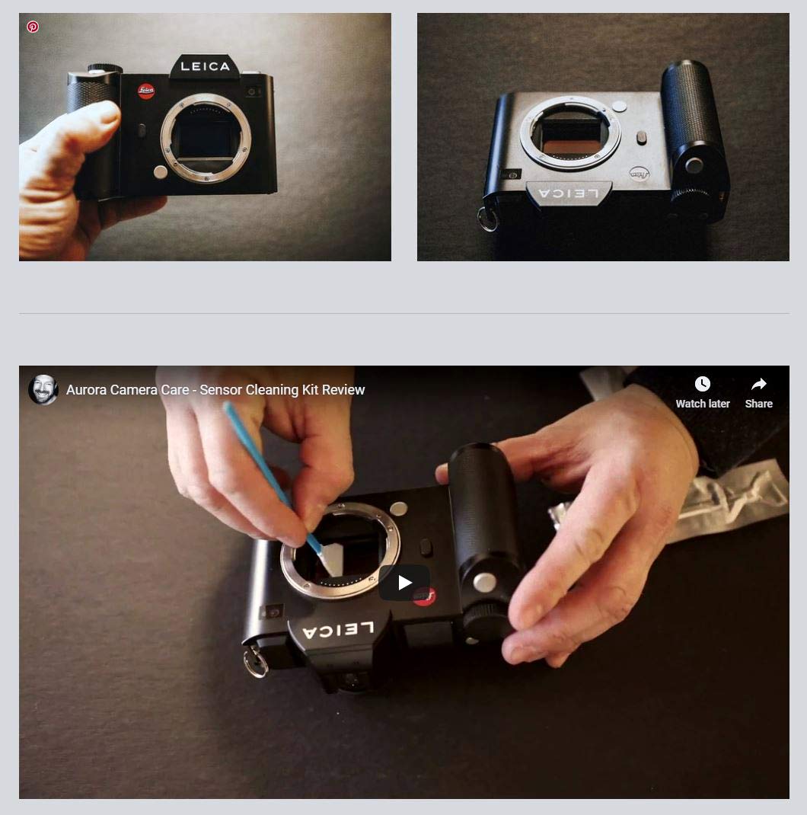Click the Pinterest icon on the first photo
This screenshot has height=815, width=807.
[x=33, y=27]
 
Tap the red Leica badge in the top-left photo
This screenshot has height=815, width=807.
[x=146, y=91]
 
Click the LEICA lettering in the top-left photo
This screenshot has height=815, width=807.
[x=205, y=67]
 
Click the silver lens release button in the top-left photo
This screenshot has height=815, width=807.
[x=160, y=172]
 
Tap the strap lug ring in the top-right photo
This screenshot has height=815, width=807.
[x=487, y=219]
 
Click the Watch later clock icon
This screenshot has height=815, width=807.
[x=703, y=385]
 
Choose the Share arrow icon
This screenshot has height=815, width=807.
[x=758, y=385]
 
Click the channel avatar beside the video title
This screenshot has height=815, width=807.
[x=43, y=390]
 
